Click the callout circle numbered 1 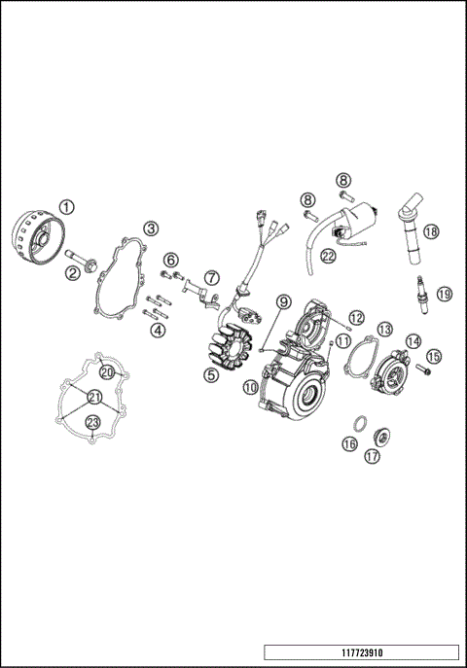click(66, 207)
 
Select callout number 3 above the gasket click(151, 228)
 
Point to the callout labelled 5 click(210, 373)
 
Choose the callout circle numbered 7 click(211, 278)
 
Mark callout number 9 click(283, 302)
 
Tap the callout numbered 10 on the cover click(250, 387)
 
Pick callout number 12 click(356, 317)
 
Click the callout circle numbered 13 click(384, 330)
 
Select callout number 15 click(434, 357)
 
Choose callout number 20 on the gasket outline click(107, 372)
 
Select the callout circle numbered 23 click(92, 422)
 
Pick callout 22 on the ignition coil click(328, 256)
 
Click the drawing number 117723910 click(361, 651)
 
